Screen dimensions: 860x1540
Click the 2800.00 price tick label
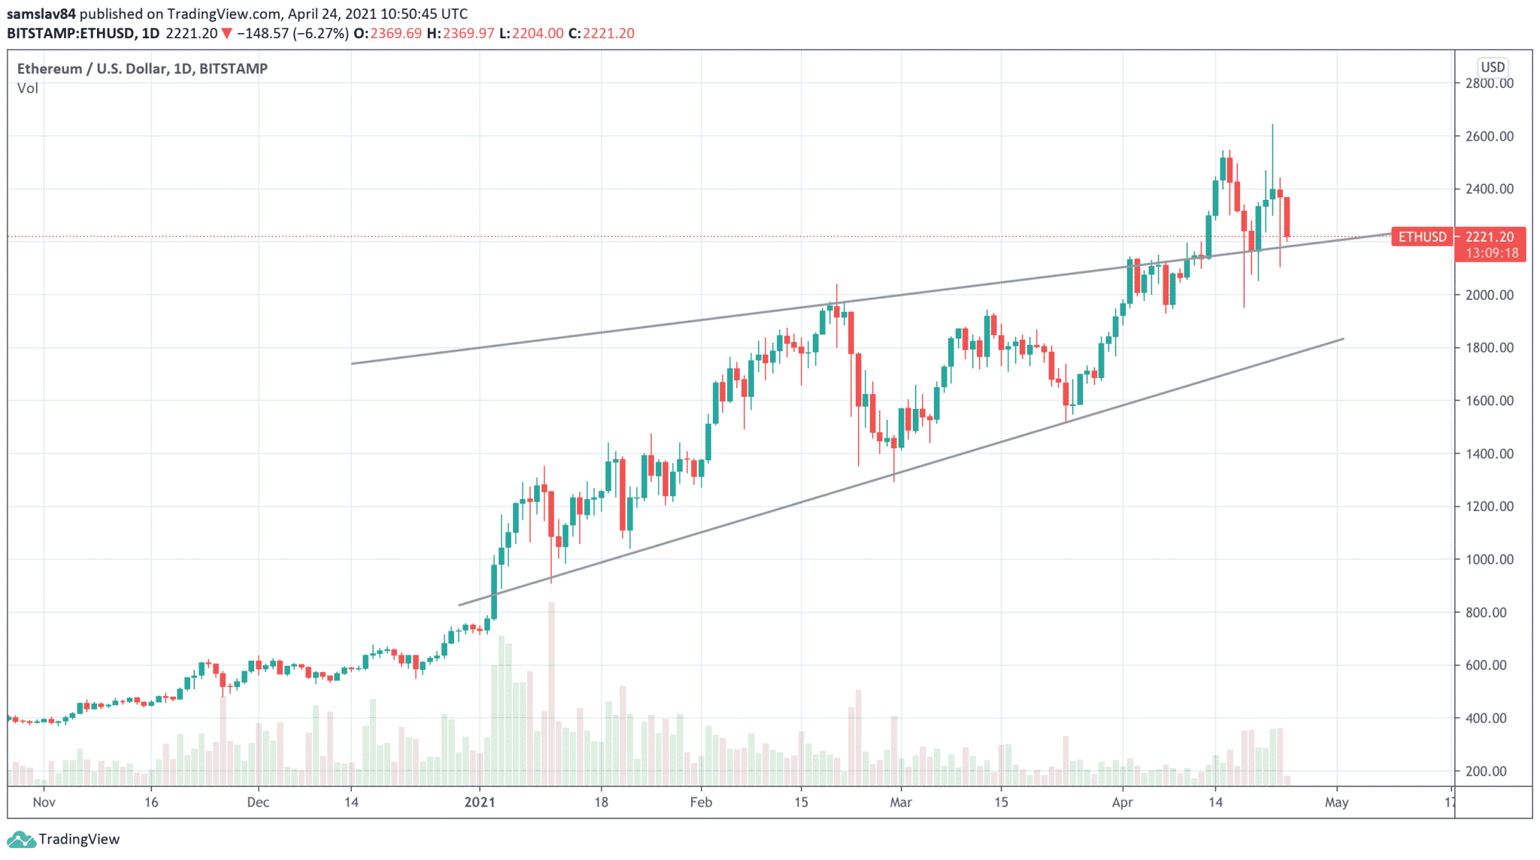pos(1489,83)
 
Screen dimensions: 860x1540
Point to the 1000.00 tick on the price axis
pos(1489,559)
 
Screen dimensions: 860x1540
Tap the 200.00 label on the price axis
pos(1492,771)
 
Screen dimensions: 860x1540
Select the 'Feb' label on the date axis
pos(701,802)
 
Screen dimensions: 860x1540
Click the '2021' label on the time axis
pos(480,802)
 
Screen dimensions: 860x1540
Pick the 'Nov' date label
pos(44,802)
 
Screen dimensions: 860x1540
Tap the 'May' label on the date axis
pos(1336,802)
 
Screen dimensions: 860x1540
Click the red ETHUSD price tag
pos(1422,237)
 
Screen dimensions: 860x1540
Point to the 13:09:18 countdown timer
pos(1492,253)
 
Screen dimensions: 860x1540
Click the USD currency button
pos(1493,67)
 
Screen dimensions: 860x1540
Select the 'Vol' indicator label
pos(28,88)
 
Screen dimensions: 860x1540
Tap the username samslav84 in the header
pos(41,14)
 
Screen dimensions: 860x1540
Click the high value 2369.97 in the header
pos(468,33)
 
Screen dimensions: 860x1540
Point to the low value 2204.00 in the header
pos(538,33)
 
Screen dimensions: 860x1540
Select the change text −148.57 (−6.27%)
pos(293,33)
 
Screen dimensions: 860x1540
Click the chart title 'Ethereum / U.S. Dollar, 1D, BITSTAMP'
pos(143,68)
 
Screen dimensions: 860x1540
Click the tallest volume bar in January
pos(551,692)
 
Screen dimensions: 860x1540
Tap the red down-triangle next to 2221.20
pos(226,33)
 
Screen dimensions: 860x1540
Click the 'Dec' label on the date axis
pos(258,802)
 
